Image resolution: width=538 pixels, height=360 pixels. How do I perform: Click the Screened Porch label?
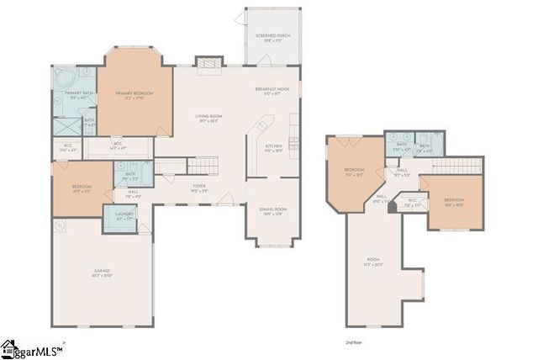pos(272,37)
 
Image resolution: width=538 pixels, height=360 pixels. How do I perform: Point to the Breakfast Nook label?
pos(272,90)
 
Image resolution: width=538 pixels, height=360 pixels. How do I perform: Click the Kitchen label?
pos(274,147)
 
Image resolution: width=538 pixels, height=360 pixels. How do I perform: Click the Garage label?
pos(103,273)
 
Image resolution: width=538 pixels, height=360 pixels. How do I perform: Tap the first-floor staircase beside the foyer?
pos(202,165)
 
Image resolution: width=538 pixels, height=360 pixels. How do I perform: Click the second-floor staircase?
pos(458,165)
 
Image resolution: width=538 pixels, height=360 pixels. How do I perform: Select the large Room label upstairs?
pos(373,262)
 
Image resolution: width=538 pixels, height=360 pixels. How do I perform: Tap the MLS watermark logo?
pos(32,349)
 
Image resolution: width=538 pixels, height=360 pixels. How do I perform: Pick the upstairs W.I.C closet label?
pos(412,204)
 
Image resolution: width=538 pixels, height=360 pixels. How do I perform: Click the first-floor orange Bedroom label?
pos(81,189)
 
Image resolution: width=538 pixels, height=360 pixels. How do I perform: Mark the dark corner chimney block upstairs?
pos(393,206)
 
